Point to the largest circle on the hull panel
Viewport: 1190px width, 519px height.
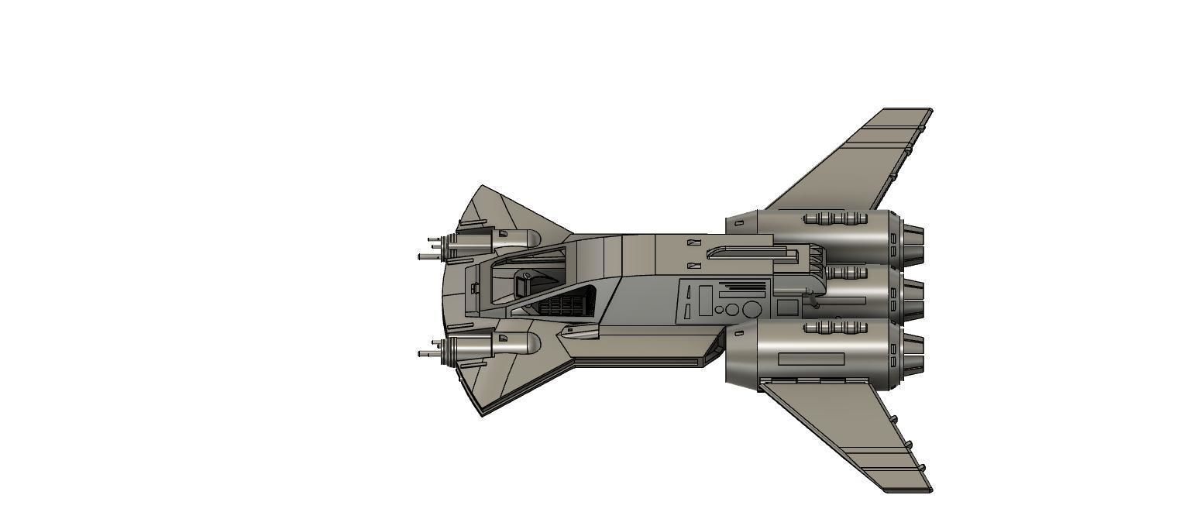point(751,310)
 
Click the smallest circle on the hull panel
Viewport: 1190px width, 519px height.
point(719,310)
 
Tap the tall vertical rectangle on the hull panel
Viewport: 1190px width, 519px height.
point(705,301)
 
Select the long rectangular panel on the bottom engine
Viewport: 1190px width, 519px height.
point(810,359)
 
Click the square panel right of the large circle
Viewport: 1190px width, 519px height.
point(787,308)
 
